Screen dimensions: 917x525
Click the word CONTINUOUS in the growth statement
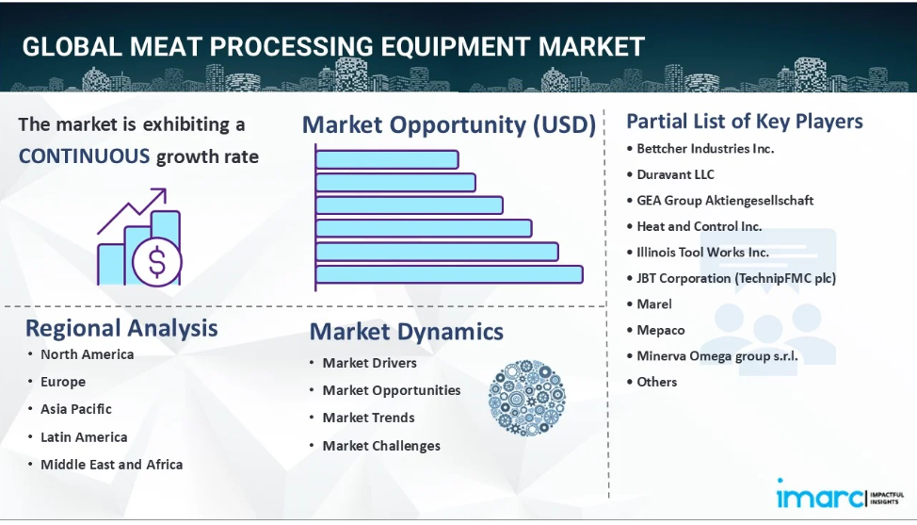point(84,156)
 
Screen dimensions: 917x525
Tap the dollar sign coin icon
point(156,262)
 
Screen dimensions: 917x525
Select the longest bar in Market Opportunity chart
point(449,274)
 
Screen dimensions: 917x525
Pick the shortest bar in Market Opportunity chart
point(387,160)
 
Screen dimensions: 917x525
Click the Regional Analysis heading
point(121,328)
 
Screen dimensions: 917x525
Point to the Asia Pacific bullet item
point(76,409)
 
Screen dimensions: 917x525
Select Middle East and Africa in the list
point(112,465)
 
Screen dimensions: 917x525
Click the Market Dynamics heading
point(407,332)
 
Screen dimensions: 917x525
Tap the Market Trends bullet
point(368,418)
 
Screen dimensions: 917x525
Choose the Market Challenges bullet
point(381,446)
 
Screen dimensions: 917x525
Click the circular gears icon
point(527,398)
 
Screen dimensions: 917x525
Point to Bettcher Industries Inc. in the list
point(705,149)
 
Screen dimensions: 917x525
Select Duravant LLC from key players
point(675,174)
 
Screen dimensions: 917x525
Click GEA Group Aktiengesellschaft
point(725,201)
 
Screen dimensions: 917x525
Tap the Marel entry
point(654,304)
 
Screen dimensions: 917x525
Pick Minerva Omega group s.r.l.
point(717,356)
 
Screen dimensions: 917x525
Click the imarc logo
point(840,495)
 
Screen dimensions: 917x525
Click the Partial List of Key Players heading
point(745,122)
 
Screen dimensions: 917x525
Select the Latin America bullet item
point(84,437)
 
